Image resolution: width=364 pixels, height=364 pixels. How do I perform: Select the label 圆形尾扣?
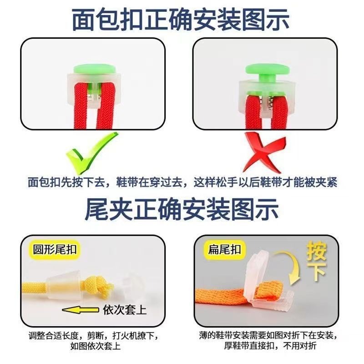[x=51, y=250]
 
